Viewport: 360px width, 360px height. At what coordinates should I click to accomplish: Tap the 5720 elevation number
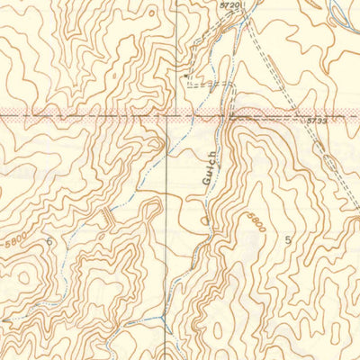coord(231,6)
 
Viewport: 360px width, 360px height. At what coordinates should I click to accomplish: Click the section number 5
coord(288,240)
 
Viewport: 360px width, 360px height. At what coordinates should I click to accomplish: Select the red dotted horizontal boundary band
coord(90,116)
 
